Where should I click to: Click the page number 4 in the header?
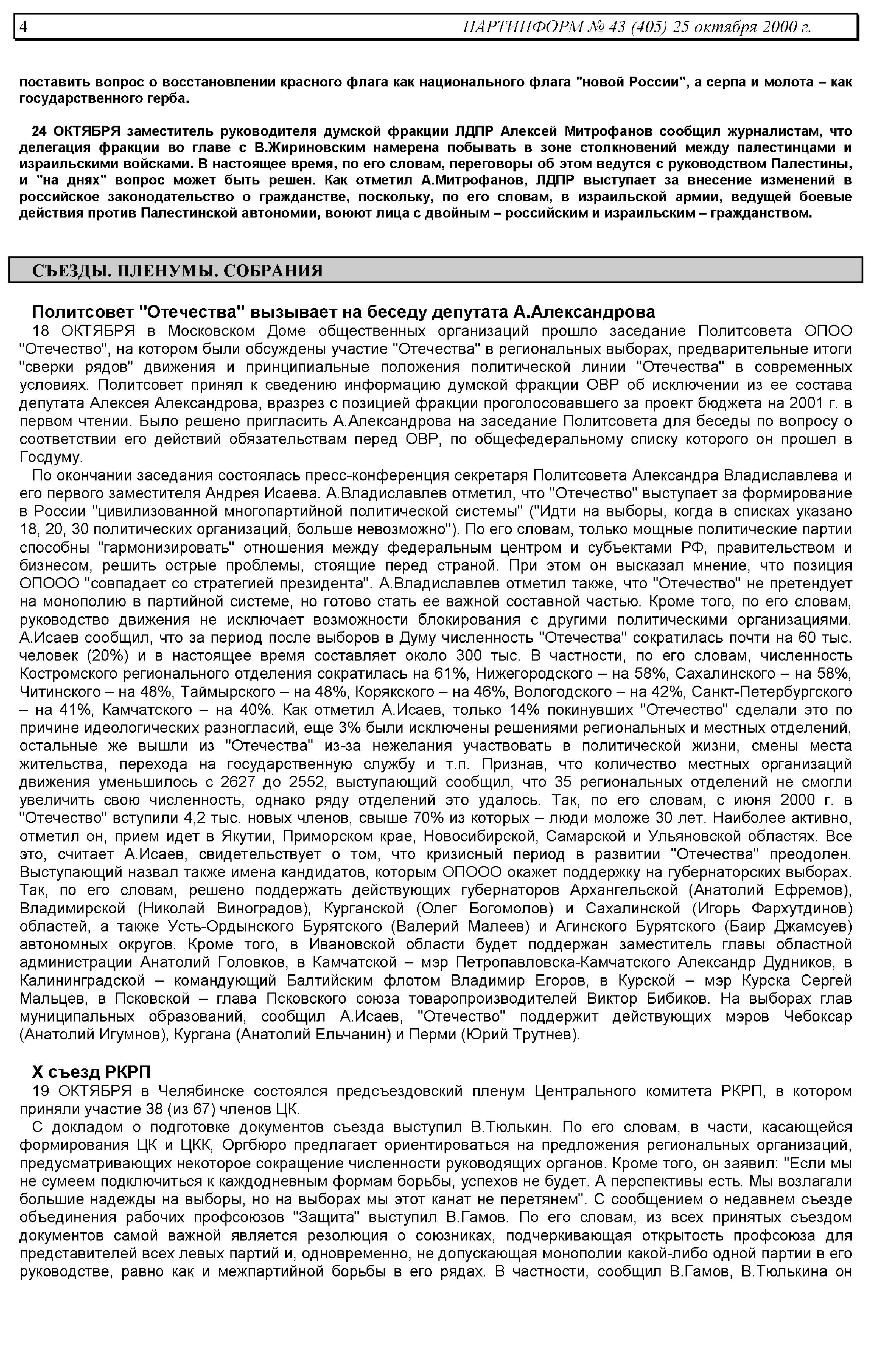(x=23, y=27)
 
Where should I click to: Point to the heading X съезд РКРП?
(x=91, y=1072)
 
